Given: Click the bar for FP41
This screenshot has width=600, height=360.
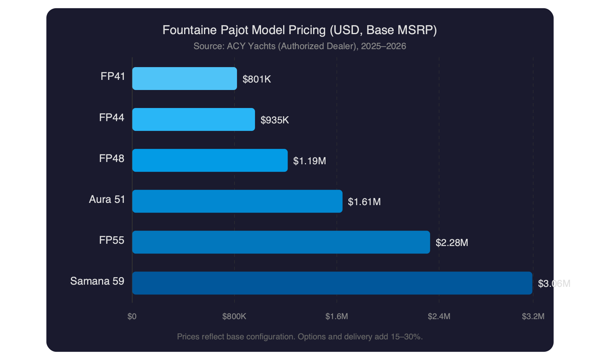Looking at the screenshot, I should point(184,78).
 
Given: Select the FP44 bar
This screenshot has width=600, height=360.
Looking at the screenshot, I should point(193,119).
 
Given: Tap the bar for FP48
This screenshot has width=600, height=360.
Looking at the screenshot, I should point(210,160).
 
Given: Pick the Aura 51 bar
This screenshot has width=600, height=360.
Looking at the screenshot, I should point(237,201).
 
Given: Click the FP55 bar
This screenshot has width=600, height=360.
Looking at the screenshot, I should point(281,242).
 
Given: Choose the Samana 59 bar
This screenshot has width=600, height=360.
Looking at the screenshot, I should point(332,283).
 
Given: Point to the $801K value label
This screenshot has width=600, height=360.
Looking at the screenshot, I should point(256,79).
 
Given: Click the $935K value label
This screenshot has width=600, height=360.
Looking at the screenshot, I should point(274,120).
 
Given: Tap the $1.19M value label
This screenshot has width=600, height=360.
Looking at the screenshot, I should point(309,161).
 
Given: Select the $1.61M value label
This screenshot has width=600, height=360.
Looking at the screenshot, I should point(364,202).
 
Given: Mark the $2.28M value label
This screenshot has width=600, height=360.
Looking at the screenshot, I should point(451,243).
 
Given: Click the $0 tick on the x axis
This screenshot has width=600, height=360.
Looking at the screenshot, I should point(132,316).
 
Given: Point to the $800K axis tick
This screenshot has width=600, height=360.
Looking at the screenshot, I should point(234,316).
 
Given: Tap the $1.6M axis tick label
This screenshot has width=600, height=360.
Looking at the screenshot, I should point(337,316).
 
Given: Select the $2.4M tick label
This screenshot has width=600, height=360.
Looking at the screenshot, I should point(439,316).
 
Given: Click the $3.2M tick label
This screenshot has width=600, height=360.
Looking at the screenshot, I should point(533,316).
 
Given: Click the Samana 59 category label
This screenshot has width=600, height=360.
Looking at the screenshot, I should point(97,281).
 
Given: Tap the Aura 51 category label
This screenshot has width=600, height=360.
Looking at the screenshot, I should point(107,199).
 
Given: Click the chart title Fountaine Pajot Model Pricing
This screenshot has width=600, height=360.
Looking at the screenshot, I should point(300,30).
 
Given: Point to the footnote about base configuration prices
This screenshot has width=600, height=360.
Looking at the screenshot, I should point(300,336).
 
